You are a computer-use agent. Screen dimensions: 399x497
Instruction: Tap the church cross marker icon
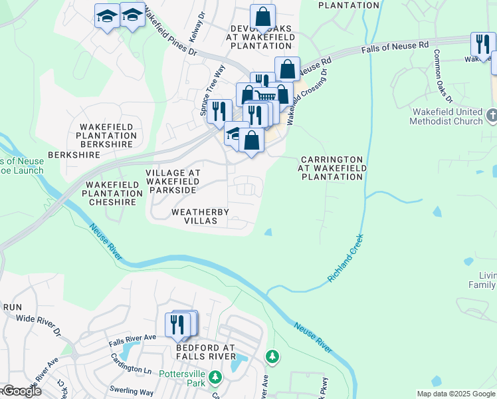click(491, 116)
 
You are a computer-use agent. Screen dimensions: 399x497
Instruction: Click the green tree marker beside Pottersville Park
click(215, 378)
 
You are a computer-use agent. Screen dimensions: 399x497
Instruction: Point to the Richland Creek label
click(344, 258)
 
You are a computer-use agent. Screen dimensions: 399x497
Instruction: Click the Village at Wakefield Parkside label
click(173, 181)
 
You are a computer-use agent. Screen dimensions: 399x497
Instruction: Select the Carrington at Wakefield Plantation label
click(331, 168)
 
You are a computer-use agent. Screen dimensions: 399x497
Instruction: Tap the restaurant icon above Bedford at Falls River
click(177, 325)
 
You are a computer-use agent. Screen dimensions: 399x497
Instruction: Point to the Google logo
click(21, 391)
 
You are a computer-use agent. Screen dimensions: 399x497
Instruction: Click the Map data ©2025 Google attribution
click(456, 394)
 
